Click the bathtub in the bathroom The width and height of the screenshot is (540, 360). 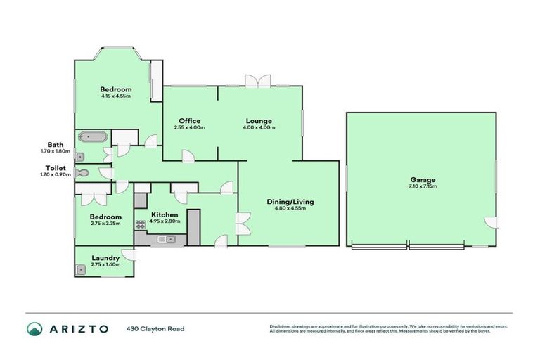[x=92, y=137]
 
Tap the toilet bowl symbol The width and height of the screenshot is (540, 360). [x=84, y=172]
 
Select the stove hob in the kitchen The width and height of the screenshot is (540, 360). [x=141, y=226]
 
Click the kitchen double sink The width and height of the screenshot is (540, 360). [x=166, y=240]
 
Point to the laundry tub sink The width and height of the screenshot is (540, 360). [x=82, y=268]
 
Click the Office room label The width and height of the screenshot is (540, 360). [x=189, y=121]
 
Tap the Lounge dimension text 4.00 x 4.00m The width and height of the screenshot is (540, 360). [x=259, y=128]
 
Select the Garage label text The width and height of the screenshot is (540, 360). [x=422, y=179]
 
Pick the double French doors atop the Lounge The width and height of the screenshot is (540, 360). [x=257, y=81]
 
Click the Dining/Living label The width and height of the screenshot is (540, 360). [x=290, y=202]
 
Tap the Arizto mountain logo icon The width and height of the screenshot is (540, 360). [x=34, y=329]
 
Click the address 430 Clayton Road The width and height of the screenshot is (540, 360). [x=155, y=329]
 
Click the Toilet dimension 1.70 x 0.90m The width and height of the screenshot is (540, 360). [x=56, y=174]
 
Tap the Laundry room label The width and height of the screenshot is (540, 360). [x=105, y=258]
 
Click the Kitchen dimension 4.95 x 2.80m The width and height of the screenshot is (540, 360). [x=163, y=221]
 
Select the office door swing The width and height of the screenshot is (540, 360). [x=188, y=157]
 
